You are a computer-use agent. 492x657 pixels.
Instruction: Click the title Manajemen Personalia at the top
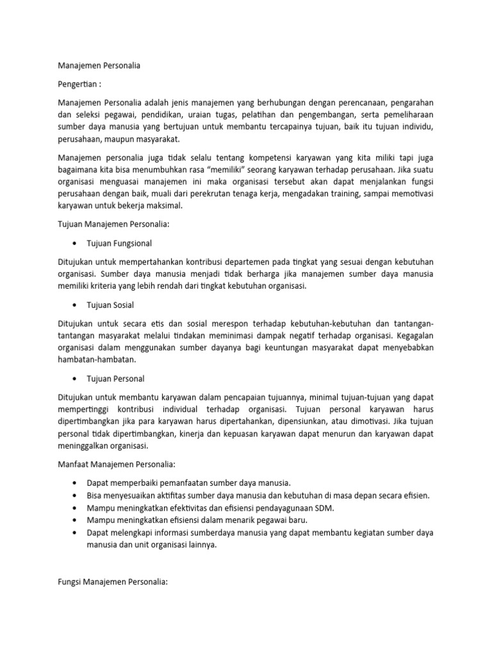[99, 65]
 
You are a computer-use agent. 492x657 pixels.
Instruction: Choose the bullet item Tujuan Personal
[119, 378]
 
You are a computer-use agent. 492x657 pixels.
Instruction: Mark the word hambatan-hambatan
[97, 359]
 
